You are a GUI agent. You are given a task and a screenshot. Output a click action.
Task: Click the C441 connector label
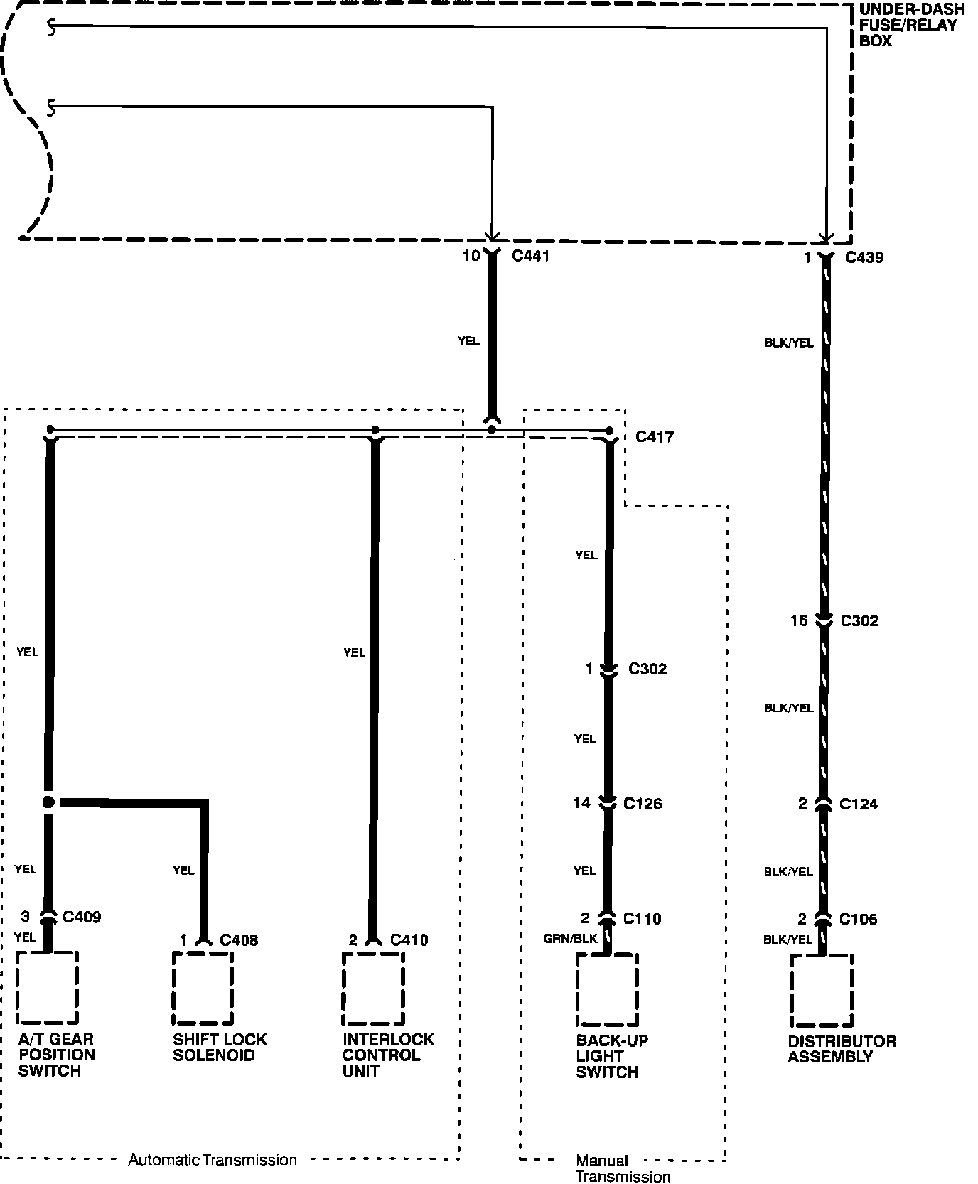(530, 256)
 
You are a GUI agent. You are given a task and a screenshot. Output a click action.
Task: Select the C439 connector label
(864, 257)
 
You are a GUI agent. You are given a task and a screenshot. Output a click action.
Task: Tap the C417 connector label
(654, 436)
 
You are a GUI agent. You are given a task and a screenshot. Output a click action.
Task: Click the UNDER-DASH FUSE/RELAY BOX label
(911, 25)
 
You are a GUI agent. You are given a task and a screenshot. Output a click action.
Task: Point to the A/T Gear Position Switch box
(47, 987)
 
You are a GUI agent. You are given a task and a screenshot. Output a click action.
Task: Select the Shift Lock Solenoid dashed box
(203, 987)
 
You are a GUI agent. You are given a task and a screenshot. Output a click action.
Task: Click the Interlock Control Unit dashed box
(373, 987)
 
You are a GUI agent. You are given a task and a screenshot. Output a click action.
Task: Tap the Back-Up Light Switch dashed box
(607, 989)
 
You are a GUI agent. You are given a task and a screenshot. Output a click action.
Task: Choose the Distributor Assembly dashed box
(822, 991)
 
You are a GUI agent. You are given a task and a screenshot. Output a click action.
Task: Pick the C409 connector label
(82, 917)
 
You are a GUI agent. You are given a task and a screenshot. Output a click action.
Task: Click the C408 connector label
(239, 940)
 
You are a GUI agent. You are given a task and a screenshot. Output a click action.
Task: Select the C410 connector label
(409, 940)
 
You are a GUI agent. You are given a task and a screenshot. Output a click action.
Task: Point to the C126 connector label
(643, 804)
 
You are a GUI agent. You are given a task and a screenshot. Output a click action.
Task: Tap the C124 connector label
(859, 804)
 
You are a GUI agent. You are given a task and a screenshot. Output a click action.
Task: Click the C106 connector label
(858, 920)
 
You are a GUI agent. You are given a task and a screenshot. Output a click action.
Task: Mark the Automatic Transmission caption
(213, 1160)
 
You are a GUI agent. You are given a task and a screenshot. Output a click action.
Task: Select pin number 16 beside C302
(799, 621)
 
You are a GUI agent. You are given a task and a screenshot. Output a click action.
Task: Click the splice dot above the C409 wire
(48, 802)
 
